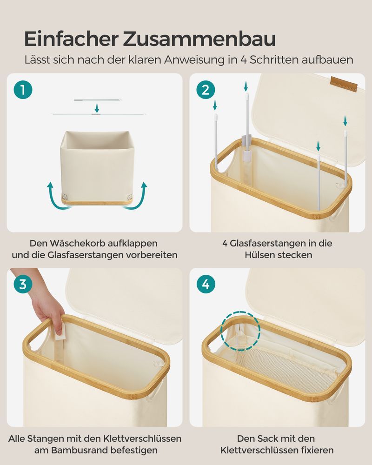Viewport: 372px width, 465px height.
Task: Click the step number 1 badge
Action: tap(23, 90)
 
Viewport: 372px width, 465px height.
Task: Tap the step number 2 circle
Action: tap(206, 90)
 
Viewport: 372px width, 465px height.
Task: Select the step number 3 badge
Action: tap(23, 284)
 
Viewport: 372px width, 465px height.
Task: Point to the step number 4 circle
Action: tap(206, 284)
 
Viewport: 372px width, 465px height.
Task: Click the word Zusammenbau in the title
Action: tap(199, 39)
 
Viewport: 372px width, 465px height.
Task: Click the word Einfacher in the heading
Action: tap(72, 39)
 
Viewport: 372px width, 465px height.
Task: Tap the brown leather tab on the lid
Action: tap(344, 84)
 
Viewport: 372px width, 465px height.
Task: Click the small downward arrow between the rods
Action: tap(97, 108)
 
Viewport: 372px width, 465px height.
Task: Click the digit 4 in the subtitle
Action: tap(243, 60)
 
